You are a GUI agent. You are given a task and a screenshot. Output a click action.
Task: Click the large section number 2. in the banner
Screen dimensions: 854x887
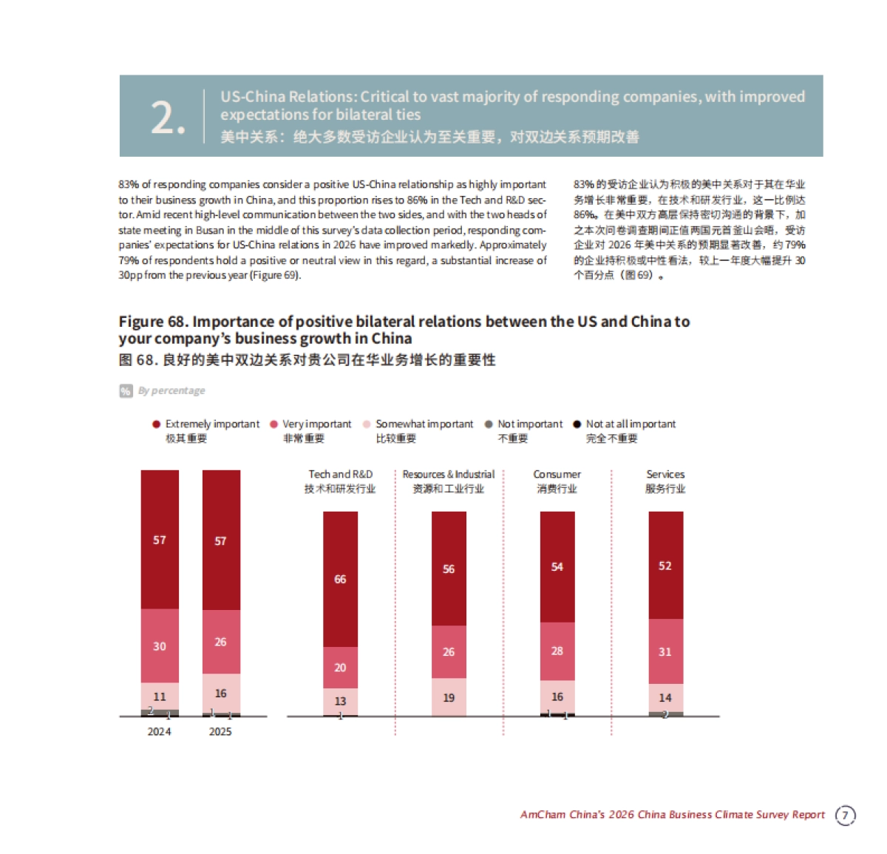(x=167, y=118)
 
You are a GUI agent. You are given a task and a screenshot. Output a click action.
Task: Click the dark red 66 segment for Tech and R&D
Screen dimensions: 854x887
(x=340, y=579)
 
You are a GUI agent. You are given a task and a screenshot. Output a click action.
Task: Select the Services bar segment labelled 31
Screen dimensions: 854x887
(x=665, y=651)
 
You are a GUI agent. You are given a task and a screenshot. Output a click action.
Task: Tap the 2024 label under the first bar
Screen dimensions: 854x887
(x=159, y=731)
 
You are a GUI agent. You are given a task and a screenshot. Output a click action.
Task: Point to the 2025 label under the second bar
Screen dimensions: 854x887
(x=220, y=731)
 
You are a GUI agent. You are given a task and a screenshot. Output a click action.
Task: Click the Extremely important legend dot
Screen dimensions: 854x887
(x=156, y=424)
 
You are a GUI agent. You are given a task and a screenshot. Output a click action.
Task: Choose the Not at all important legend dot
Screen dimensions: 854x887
(x=577, y=424)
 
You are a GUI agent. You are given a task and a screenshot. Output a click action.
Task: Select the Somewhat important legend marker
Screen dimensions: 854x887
(x=367, y=424)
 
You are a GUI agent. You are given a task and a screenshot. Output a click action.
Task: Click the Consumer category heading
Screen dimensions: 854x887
(x=557, y=475)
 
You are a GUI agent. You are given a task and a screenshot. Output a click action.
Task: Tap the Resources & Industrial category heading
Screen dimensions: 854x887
(x=449, y=475)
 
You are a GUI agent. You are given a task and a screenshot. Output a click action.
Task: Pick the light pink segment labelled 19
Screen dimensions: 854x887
(x=449, y=697)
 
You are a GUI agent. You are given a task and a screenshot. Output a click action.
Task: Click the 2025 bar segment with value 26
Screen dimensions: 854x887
(x=221, y=642)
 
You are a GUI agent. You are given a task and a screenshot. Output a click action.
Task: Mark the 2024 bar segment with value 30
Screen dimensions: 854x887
(x=160, y=645)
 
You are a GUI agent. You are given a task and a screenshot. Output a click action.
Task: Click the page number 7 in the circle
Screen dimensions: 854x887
(x=846, y=815)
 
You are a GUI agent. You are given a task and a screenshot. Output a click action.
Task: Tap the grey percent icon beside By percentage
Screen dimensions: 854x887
(x=126, y=391)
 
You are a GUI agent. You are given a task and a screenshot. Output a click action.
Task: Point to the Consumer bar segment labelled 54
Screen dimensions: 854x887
(x=557, y=567)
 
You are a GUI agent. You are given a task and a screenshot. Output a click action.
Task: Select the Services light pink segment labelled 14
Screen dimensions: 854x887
(x=665, y=697)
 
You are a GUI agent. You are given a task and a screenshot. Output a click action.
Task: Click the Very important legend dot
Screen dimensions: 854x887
(x=273, y=424)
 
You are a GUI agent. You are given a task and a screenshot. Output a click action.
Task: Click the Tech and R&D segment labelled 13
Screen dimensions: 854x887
(x=340, y=701)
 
